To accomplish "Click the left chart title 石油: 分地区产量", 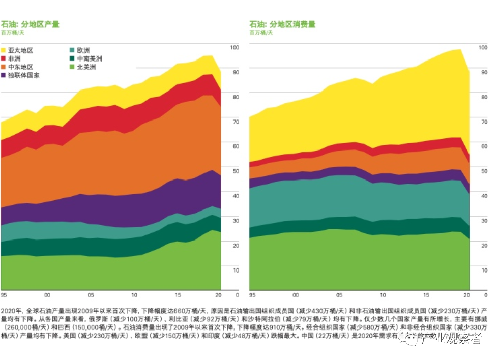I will click(31, 24).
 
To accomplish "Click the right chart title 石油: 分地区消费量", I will click(282, 24).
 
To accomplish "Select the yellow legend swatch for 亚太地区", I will click(4, 51).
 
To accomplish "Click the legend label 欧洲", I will click(83, 51).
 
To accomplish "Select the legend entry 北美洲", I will click(86, 67).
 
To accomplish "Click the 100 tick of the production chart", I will click(235, 47).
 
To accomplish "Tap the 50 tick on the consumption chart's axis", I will click(483, 171).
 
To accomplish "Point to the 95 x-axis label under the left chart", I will click(4, 295).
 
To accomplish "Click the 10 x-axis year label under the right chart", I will click(382, 295).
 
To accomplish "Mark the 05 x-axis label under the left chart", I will click(91, 295).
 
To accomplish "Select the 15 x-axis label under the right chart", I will click(426, 295).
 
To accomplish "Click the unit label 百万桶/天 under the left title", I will click(12, 33).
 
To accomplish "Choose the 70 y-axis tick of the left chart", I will click(235, 122).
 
